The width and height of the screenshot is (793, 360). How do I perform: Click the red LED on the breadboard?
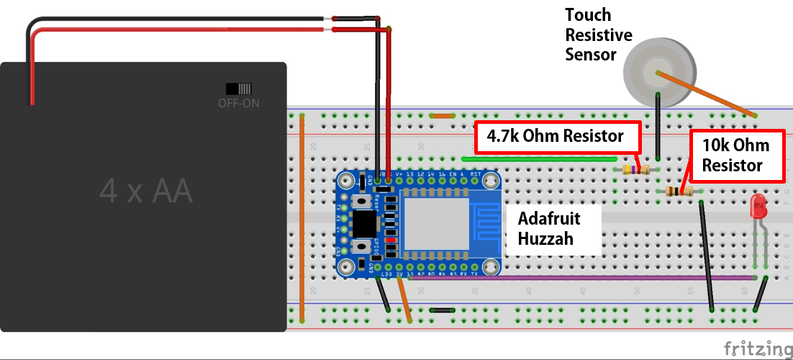tap(758, 207)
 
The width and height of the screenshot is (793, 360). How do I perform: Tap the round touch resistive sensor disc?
tap(660, 73)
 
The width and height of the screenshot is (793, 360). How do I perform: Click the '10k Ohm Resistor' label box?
tap(736, 155)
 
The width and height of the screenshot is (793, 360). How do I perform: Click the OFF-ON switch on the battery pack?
tap(239, 89)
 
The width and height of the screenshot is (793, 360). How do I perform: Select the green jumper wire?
tap(540, 158)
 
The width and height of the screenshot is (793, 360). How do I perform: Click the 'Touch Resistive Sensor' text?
tap(599, 35)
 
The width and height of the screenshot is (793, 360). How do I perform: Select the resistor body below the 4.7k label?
tap(635, 170)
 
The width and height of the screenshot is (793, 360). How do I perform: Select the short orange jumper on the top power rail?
tap(443, 115)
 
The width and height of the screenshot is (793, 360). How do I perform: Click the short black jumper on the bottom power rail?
tap(441, 310)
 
